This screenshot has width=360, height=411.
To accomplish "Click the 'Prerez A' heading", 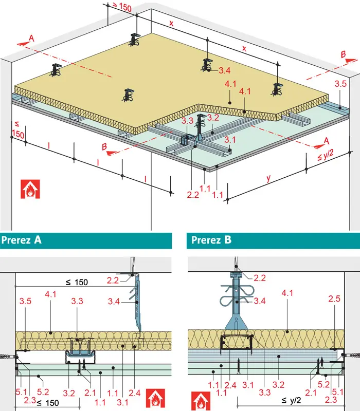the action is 21,240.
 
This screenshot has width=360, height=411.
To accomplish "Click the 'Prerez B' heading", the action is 211,240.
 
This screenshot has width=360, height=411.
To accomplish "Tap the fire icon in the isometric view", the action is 30,189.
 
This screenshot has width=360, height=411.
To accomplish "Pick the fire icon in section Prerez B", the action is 201,401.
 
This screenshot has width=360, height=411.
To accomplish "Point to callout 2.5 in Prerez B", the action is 334,298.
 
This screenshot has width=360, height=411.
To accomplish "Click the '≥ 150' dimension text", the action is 122,7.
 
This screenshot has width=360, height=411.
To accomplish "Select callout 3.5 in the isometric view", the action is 340,84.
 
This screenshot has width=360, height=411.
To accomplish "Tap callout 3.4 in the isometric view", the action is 225,70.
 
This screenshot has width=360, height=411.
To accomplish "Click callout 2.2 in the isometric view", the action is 193,195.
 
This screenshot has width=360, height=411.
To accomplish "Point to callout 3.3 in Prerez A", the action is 77,301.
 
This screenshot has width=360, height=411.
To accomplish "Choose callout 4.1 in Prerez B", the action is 287,293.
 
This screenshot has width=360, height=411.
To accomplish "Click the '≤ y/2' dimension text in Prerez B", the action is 291,400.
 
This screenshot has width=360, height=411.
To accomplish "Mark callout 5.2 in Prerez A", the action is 43,392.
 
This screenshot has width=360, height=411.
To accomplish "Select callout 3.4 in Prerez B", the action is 260,301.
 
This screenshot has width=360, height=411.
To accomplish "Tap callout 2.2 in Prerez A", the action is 113,281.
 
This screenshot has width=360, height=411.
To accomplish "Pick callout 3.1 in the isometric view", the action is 230,140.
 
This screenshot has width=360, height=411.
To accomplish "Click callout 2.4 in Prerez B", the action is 230,385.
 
